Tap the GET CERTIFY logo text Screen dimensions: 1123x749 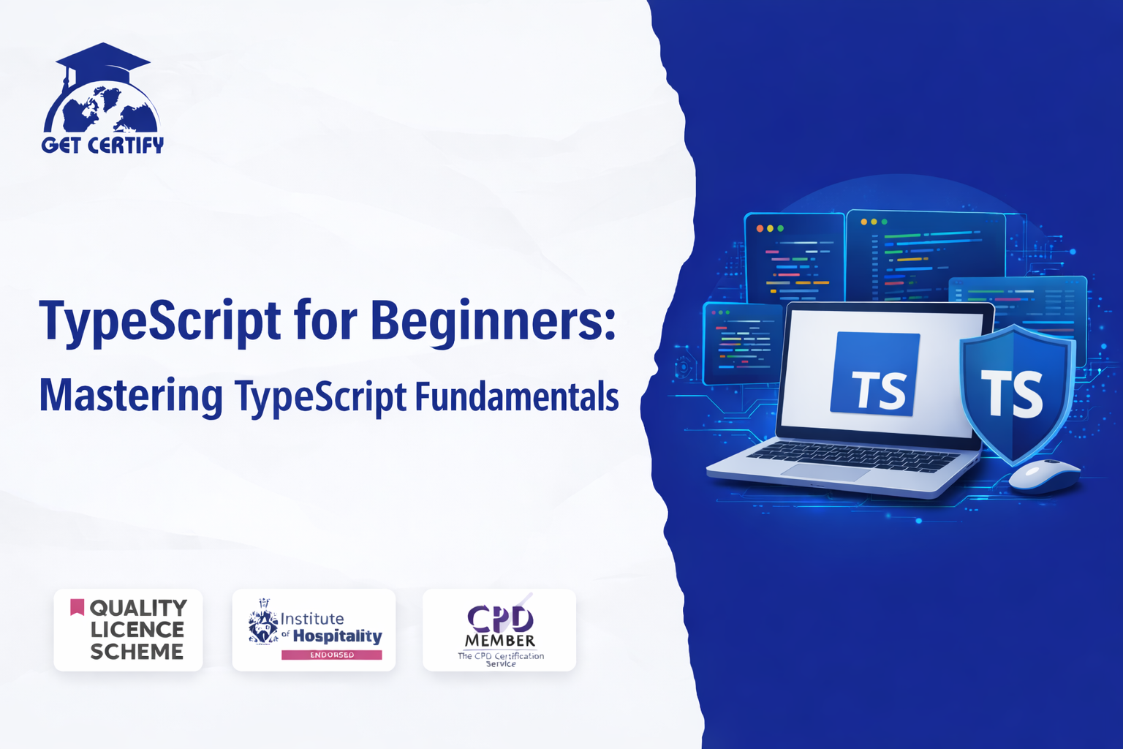point(103,145)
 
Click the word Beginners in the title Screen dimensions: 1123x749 point(493,322)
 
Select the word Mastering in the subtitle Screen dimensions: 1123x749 point(132,396)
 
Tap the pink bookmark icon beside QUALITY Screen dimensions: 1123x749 point(77,606)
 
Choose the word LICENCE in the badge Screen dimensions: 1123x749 point(137,630)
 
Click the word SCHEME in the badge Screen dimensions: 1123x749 point(137,652)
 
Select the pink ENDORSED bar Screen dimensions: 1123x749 point(331,655)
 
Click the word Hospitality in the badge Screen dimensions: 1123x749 point(337,636)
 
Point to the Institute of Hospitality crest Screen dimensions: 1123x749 point(262,622)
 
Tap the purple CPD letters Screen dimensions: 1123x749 point(500,619)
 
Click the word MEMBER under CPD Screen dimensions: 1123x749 point(500,641)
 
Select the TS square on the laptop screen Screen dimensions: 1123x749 point(875,374)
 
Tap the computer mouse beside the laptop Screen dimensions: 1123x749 point(1044,475)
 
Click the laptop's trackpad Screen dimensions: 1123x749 point(824,472)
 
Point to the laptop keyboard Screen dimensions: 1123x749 point(852,456)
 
